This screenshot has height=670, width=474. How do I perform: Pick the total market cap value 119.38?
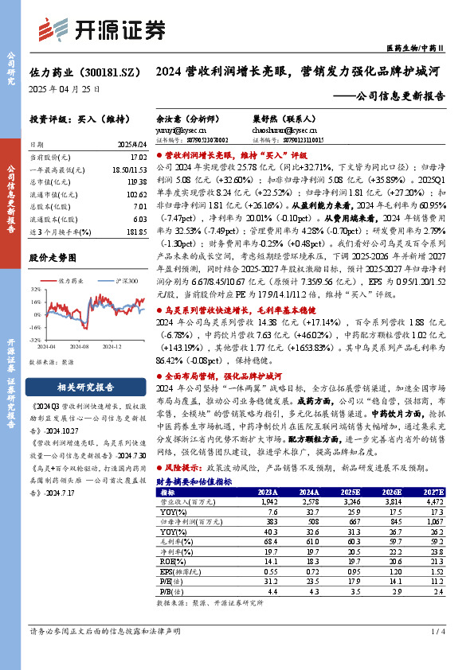point(137,181)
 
